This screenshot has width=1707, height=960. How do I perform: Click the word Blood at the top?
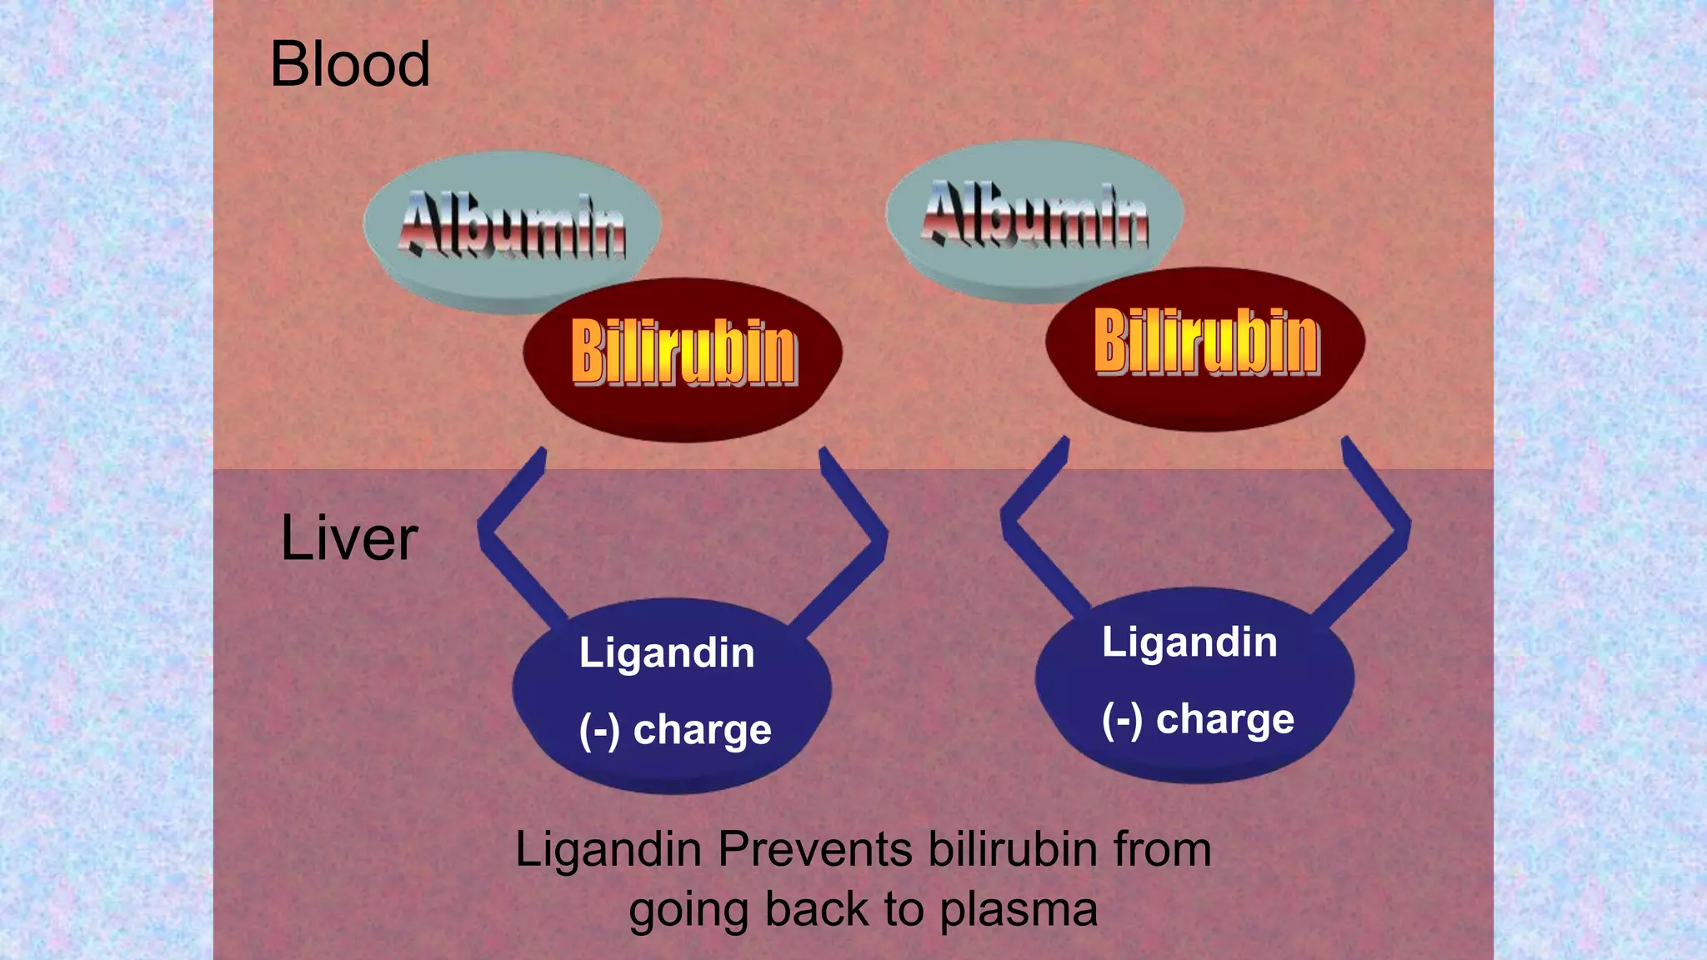tap(350, 65)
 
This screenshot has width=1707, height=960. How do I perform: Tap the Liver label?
tap(348, 538)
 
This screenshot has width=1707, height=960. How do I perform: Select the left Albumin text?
tap(513, 225)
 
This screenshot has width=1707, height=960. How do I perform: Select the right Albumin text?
tap(1034, 215)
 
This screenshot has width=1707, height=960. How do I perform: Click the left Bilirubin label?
tap(683, 353)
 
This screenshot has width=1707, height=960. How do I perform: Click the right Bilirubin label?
tap(1206, 342)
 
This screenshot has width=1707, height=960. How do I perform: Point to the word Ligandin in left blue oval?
tap(667, 652)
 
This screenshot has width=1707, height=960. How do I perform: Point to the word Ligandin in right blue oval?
tap(1189, 642)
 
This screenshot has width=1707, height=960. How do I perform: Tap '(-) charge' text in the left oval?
tap(675, 731)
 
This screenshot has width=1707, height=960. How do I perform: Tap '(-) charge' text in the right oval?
tap(1198, 720)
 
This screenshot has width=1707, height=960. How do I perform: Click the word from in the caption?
tap(1162, 850)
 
